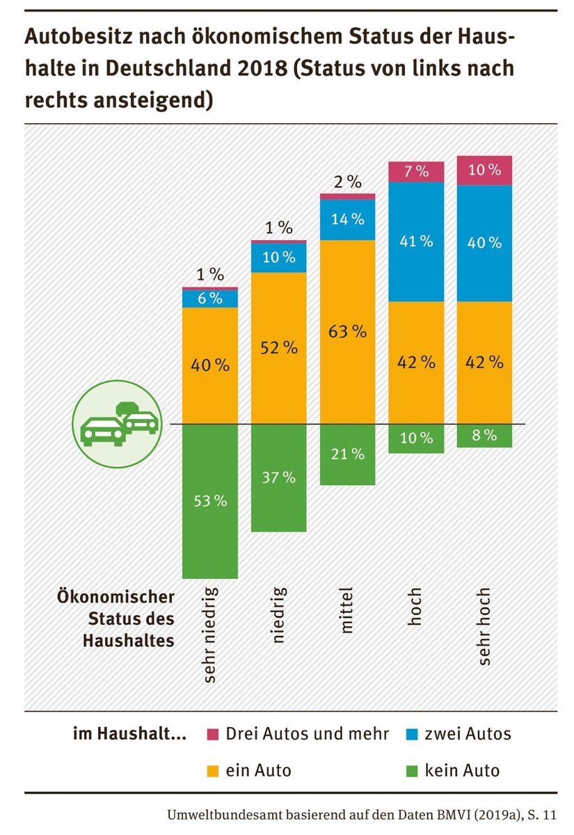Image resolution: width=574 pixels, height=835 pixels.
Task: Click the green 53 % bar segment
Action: [x=209, y=501]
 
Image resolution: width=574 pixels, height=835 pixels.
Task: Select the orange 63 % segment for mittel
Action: [x=347, y=331]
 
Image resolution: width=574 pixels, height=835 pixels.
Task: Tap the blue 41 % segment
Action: [x=416, y=241]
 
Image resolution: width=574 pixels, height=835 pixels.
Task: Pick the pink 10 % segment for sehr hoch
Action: [x=484, y=170]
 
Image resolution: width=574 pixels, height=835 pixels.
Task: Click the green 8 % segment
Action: [x=484, y=436]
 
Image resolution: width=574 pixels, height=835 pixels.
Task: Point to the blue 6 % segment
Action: [x=209, y=299]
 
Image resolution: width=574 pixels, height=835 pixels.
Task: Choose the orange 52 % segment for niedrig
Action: [x=278, y=347]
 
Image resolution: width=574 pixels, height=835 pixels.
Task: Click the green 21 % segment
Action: [x=347, y=454]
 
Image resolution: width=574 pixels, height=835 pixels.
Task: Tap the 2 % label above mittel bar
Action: [x=347, y=183]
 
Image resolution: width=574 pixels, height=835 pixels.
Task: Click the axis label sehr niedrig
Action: [x=209, y=634]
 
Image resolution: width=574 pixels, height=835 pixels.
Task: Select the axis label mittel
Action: [x=347, y=611]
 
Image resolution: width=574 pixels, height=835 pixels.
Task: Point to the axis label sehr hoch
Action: [x=484, y=626]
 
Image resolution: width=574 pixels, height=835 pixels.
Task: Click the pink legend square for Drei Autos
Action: [x=214, y=734]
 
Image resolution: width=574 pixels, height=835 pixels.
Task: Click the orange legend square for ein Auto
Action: [x=214, y=771]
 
